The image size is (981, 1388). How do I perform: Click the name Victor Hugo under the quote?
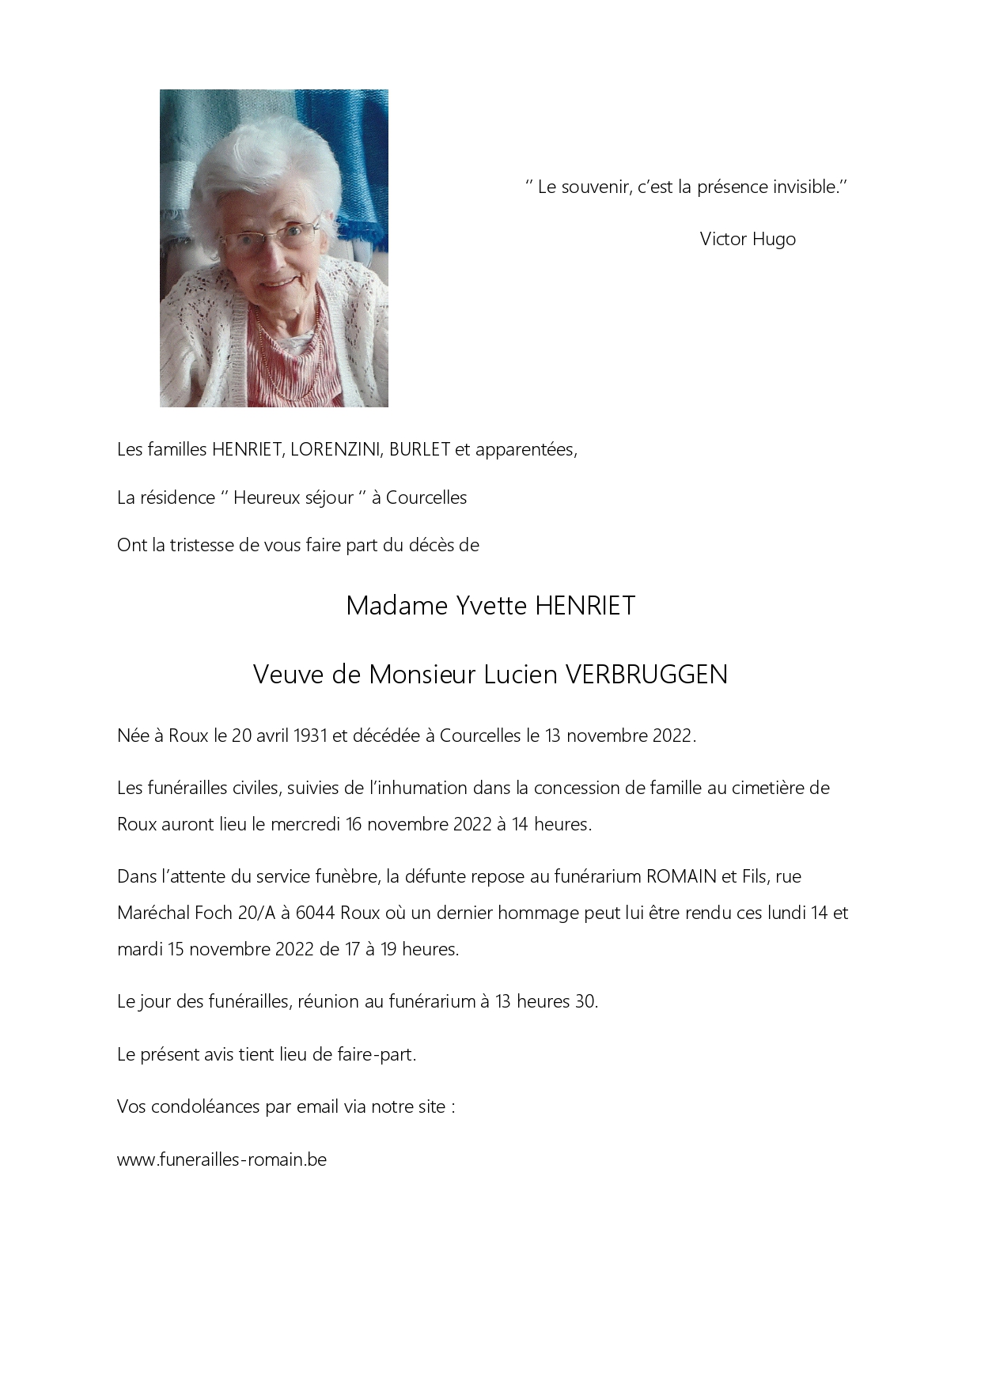pos(748,239)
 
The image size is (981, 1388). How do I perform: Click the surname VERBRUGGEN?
pos(646,675)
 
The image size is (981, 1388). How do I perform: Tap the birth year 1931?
pos(310,736)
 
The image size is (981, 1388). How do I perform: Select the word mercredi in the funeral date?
pos(305,824)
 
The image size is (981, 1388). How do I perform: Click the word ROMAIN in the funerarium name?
pos(681,876)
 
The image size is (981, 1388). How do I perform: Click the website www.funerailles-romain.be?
pos(222,1159)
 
